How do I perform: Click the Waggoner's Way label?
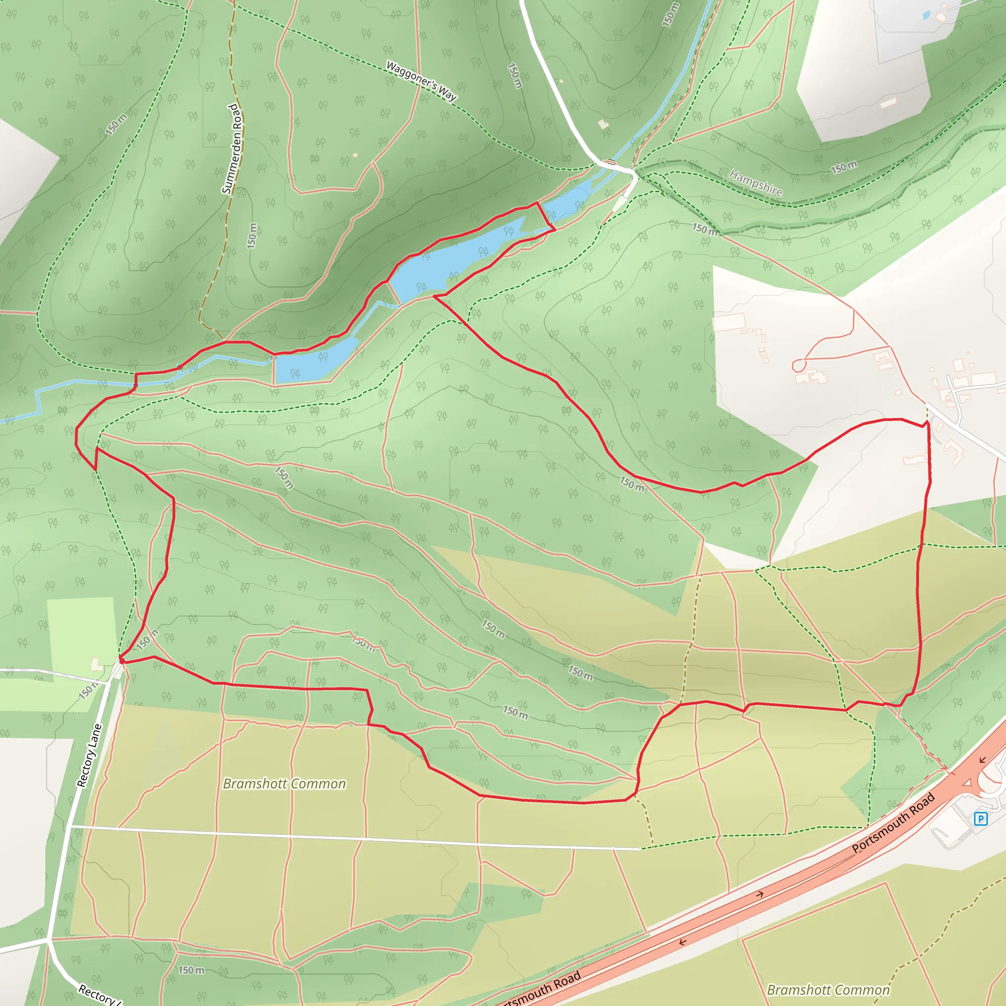pyautogui.click(x=421, y=81)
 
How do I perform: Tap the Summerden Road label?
pyautogui.click(x=232, y=149)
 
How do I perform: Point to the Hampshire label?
pyautogui.click(x=755, y=183)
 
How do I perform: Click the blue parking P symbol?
pyautogui.click(x=980, y=819)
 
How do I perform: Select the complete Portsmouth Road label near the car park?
pyautogui.click(x=894, y=823)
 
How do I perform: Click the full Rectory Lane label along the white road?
pyautogui.click(x=89, y=755)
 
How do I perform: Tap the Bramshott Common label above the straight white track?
pyautogui.click(x=284, y=783)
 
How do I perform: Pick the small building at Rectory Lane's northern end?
pyautogui.click(x=95, y=665)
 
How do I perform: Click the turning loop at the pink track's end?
pyautogui.click(x=798, y=365)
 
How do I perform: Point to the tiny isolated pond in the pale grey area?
pyautogui.click(x=926, y=15)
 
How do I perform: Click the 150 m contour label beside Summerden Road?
pyautogui.click(x=252, y=235)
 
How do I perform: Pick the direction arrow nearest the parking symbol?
pyautogui.click(x=982, y=760)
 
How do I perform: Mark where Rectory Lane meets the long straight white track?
pyautogui.click(x=70, y=826)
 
